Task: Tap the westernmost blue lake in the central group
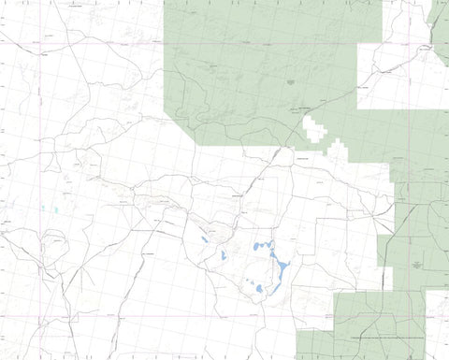click(x=204, y=239)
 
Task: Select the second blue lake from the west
click(x=222, y=255)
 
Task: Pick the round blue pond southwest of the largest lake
click(x=260, y=289)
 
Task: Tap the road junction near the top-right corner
click(x=426, y=47)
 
